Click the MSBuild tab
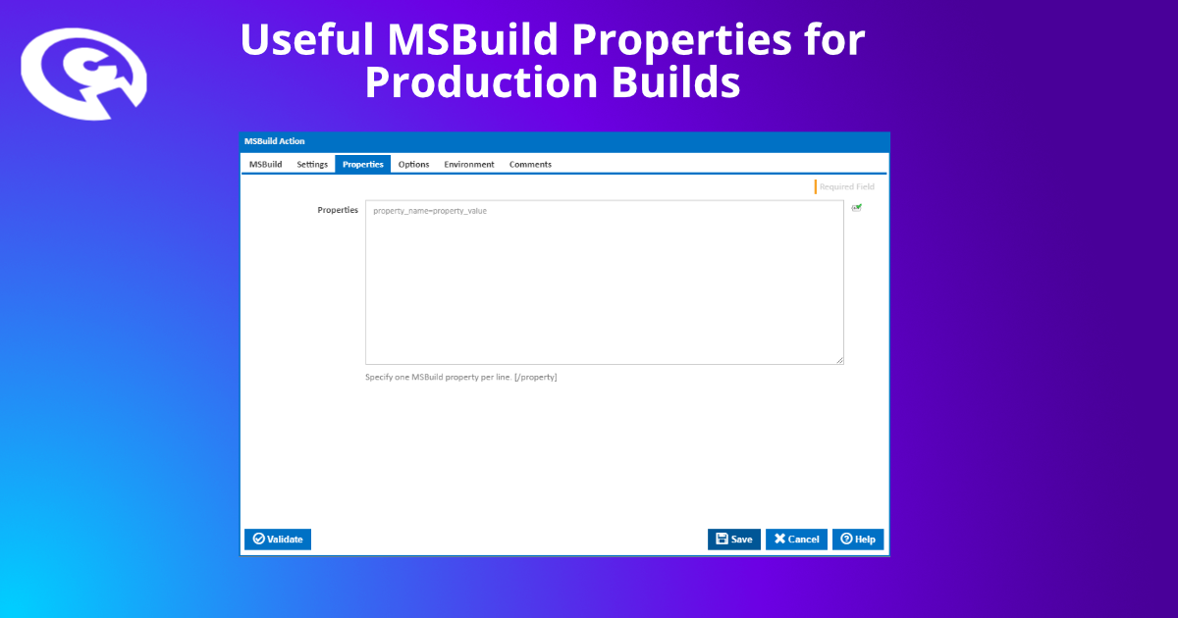tap(265, 164)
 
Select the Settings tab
tap(312, 164)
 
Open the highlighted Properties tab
tap(362, 164)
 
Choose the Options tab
tap(413, 164)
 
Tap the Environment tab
tap(468, 164)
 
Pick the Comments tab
tap(530, 164)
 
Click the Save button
tap(733, 539)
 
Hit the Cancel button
tap(796, 539)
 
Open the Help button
tap(857, 539)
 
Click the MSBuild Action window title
tap(275, 141)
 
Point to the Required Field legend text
tap(846, 186)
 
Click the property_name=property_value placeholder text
tap(430, 211)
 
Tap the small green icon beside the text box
tap(857, 208)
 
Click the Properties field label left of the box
tap(337, 210)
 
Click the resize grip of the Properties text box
tap(840, 361)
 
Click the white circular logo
tap(83, 74)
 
